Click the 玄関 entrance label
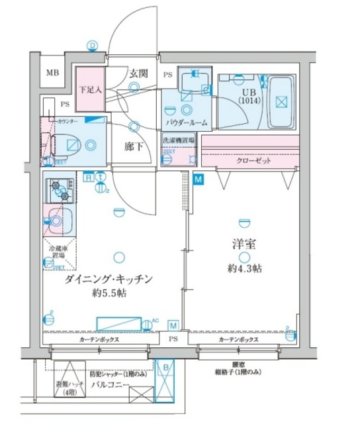click(138, 73)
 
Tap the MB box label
click(52, 74)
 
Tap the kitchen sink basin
click(59, 221)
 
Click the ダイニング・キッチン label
click(110, 280)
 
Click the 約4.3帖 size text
click(244, 270)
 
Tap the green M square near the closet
click(198, 178)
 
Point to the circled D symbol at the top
click(92, 45)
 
